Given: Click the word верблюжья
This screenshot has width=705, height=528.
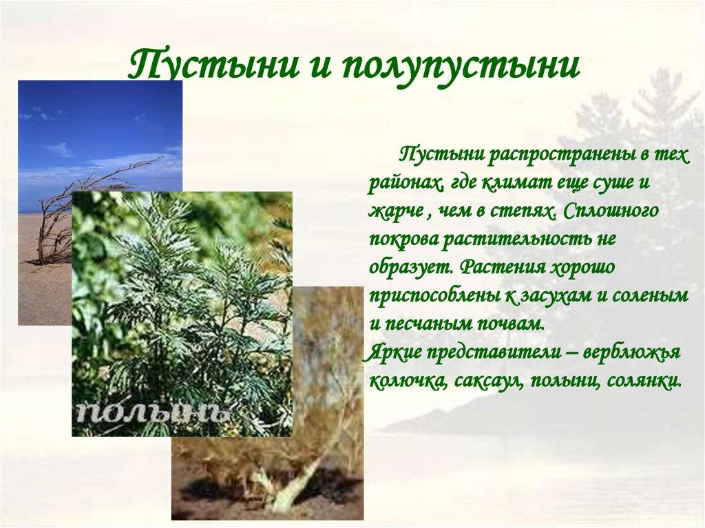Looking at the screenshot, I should [631, 352].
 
